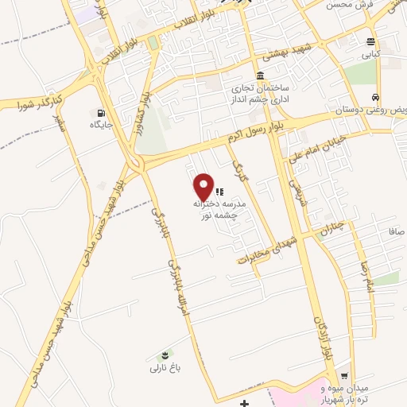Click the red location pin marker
click(204, 187)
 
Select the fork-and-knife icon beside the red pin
click(220, 192)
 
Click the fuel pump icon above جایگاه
click(100, 113)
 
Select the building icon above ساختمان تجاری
click(238, 75)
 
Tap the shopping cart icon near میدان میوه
click(344, 376)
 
